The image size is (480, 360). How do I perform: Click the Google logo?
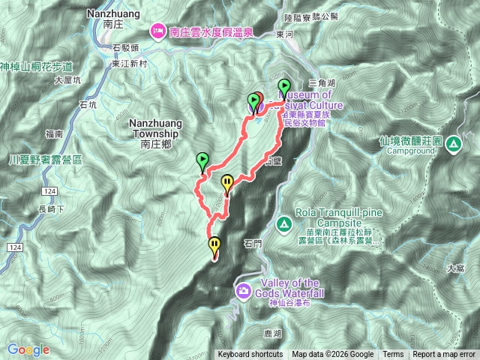(28, 349)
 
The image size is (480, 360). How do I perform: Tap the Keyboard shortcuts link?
(250, 355)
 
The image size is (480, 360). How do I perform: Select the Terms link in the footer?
(393, 355)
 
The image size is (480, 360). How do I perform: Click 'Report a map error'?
(445, 355)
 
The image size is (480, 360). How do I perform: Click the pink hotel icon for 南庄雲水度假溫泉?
(159, 31)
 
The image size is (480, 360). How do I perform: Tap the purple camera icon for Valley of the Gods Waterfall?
(244, 290)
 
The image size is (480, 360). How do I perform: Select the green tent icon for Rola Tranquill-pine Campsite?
(284, 223)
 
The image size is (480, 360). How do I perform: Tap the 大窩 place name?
(454, 267)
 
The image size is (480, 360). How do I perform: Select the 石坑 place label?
(88, 105)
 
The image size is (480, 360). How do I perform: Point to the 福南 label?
(53, 134)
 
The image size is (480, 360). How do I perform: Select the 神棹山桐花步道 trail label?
(36, 66)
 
